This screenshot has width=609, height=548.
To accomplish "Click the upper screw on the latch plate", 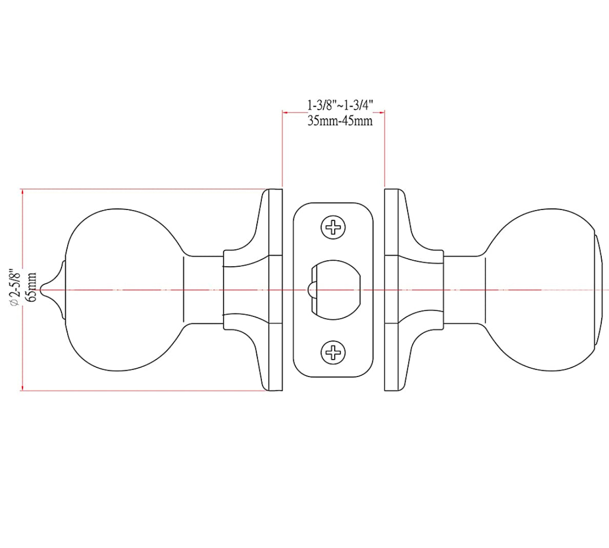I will click(333, 227).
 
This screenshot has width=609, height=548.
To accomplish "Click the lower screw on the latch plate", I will click(333, 352).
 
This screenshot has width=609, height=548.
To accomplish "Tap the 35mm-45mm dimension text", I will click(340, 121).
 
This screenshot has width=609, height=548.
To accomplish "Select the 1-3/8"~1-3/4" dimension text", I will click(340, 106).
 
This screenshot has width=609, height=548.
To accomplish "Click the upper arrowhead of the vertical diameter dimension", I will click(22, 193).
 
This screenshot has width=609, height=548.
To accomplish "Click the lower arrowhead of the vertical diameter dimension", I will click(22, 387).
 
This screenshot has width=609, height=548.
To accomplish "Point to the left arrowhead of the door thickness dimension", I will click(285, 111).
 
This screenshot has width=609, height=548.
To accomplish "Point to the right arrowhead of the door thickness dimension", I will click(382, 111).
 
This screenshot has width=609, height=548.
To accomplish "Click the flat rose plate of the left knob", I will click(276, 290).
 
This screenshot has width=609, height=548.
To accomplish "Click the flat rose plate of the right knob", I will click(391, 290).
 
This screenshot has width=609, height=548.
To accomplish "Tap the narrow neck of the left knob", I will click(203, 290).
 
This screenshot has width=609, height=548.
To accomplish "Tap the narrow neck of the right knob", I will click(464, 290).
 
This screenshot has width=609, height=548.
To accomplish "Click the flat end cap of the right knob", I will click(598, 290).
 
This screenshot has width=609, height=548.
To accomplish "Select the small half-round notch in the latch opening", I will click(310, 290).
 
